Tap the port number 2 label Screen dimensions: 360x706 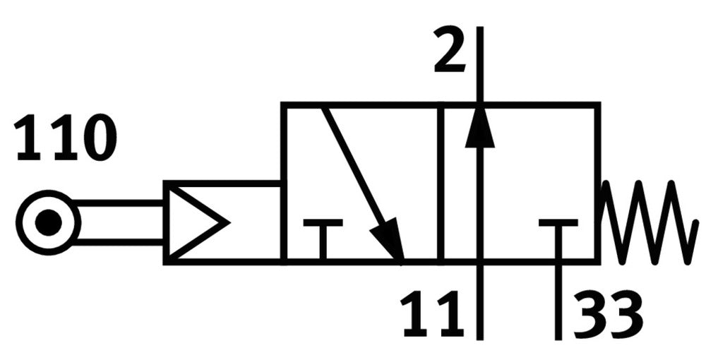450,51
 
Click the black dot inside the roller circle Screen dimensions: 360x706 47,223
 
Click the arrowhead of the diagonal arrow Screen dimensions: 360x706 390,242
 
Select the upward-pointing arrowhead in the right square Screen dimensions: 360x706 480,128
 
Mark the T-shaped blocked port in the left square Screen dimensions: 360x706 323,236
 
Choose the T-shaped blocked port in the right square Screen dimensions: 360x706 558,236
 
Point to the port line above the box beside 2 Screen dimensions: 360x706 480,64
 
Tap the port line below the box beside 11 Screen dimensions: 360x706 480,300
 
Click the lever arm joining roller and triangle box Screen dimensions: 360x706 120,223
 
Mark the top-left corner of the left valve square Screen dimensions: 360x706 283,105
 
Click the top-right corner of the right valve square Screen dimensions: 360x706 598,105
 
